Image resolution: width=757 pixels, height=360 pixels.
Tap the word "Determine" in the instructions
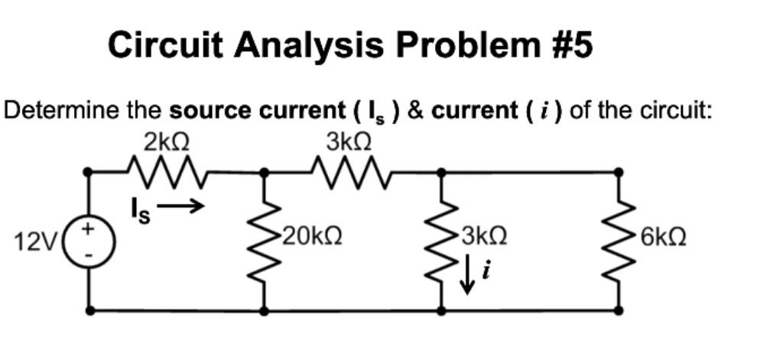click(55, 111)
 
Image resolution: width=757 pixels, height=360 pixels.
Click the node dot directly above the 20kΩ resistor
click(265, 173)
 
